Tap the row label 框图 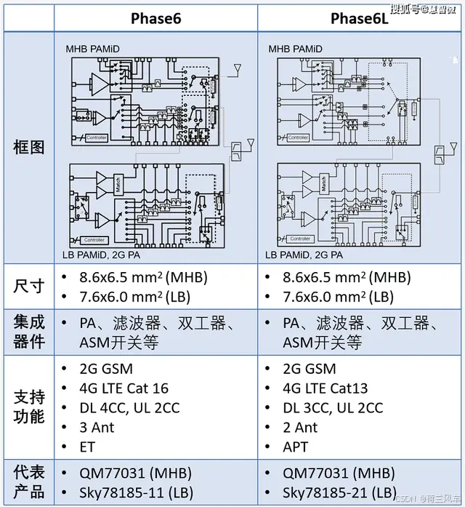pos(29,147)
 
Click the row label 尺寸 pos(29,286)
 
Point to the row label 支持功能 pos(29,407)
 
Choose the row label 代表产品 pos(29,482)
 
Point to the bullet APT pos(295,447)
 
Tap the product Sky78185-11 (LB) pos(136,492)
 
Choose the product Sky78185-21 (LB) pos(339,492)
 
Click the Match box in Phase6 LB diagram pos(119,186)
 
